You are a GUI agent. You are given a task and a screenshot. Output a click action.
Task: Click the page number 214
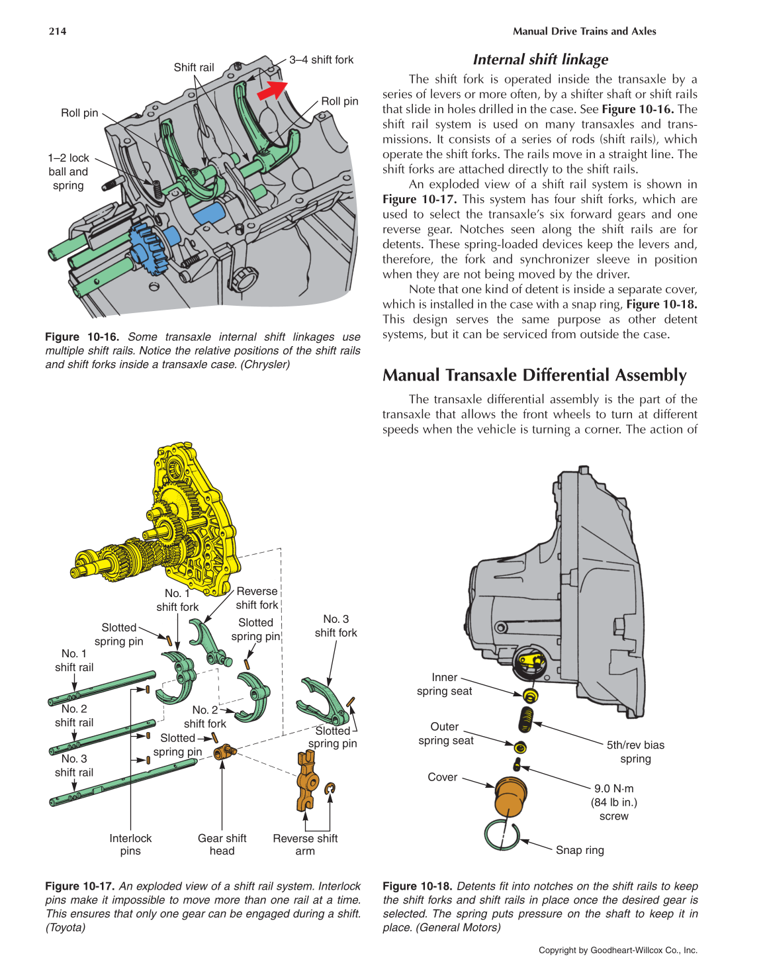[58, 31]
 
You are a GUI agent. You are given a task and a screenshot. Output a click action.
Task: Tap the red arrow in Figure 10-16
[272, 89]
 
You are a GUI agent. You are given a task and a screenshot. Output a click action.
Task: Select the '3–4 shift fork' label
[321, 60]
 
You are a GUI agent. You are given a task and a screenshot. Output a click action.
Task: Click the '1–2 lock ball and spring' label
[68, 171]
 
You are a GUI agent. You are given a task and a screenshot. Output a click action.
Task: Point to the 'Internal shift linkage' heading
[540, 60]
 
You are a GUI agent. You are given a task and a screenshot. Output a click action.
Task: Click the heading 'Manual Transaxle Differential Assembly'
[534, 375]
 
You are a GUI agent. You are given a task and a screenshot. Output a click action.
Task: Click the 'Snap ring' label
[580, 850]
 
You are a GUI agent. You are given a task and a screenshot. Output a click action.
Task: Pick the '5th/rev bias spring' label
[635, 752]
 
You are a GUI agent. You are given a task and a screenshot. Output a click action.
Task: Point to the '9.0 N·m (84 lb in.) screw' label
[614, 802]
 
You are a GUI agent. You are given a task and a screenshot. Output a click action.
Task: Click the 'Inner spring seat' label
[444, 684]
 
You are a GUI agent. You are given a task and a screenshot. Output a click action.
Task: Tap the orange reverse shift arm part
[306, 782]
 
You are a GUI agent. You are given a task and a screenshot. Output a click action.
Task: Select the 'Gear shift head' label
[222, 845]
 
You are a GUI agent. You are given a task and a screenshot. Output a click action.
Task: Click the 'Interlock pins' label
[130, 845]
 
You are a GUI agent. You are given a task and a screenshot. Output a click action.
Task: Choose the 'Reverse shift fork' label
[257, 598]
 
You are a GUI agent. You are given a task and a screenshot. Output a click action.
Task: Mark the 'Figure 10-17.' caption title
[79, 886]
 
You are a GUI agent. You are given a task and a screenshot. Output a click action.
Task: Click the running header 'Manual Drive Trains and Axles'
[584, 31]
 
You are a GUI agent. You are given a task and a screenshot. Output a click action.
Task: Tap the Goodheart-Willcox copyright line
[617, 950]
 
